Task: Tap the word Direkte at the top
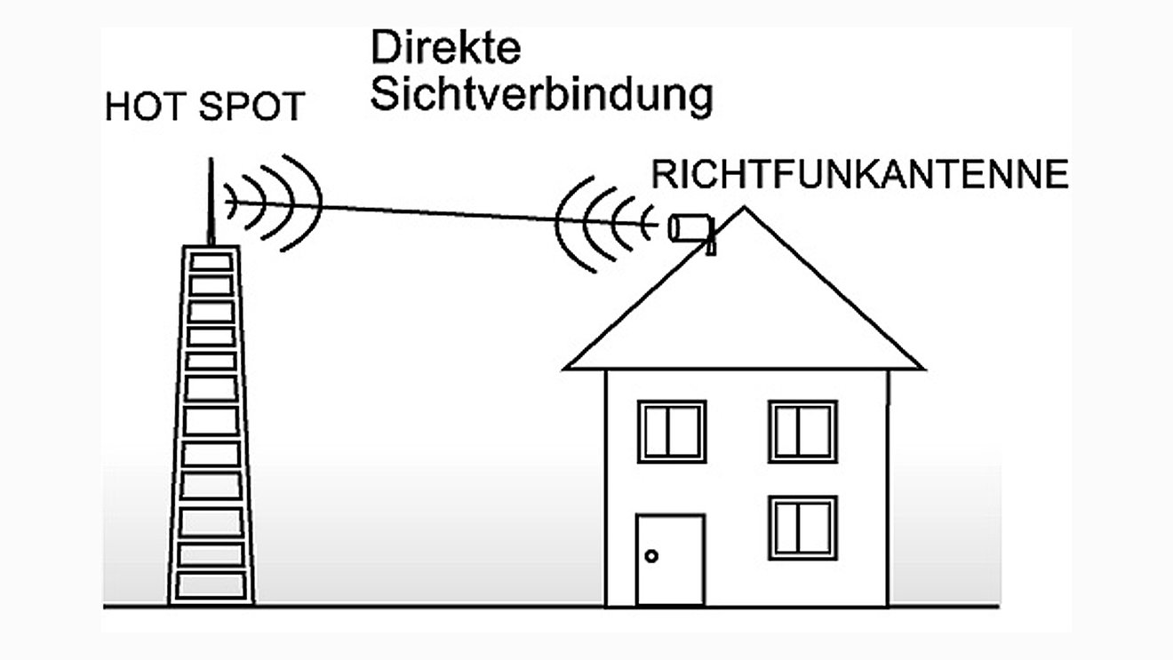tap(445, 48)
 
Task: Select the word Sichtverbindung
tap(541, 95)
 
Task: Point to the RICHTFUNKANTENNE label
tap(858, 175)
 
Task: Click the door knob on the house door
tap(651, 556)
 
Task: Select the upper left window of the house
tap(672, 431)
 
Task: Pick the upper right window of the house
tap(802, 431)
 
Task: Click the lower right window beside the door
tap(802, 528)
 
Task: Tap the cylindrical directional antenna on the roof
tap(690, 227)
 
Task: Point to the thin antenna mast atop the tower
tap(211, 200)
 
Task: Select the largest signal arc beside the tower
tap(306, 203)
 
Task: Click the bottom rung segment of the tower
tap(211, 584)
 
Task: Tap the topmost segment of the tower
tap(211, 262)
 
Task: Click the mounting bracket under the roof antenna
tap(711, 245)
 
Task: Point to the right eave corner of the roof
tap(922, 366)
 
